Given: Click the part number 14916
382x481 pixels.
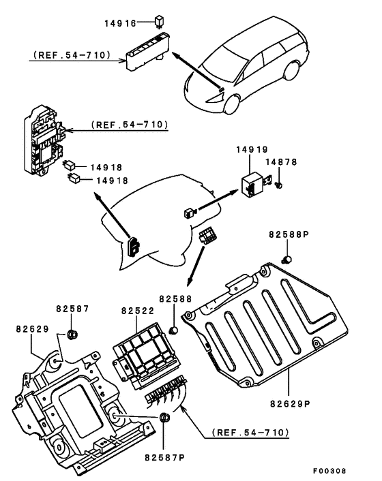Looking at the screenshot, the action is (x=120, y=23).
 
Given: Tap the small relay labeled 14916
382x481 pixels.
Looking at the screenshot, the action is (x=159, y=22).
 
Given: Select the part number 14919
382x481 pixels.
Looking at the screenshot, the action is (x=252, y=150).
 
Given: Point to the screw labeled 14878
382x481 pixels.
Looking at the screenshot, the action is (x=279, y=185).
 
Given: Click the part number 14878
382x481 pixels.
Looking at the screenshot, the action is (x=281, y=161).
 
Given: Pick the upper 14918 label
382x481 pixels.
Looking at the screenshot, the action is (x=106, y=167).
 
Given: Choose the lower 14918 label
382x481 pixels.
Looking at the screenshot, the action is (x=113, y=181).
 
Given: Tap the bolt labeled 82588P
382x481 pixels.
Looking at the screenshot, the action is (x=286, y=260).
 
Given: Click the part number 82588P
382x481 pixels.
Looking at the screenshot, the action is (x=289, y=234).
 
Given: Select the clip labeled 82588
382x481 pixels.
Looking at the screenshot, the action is (x=174, y=330).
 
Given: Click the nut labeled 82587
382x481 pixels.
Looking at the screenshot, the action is (x=72, y=334).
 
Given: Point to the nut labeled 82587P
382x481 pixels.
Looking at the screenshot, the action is (x=164, y=417).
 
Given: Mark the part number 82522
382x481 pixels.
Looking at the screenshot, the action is (x=138, y=311).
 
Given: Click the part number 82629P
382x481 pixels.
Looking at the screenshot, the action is (x=291, y=403).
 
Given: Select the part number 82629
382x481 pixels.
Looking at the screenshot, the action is (x=33, y=329).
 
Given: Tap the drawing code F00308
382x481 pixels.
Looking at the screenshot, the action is (x=329, y=471).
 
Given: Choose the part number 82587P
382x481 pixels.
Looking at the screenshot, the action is (x=165, y=458).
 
